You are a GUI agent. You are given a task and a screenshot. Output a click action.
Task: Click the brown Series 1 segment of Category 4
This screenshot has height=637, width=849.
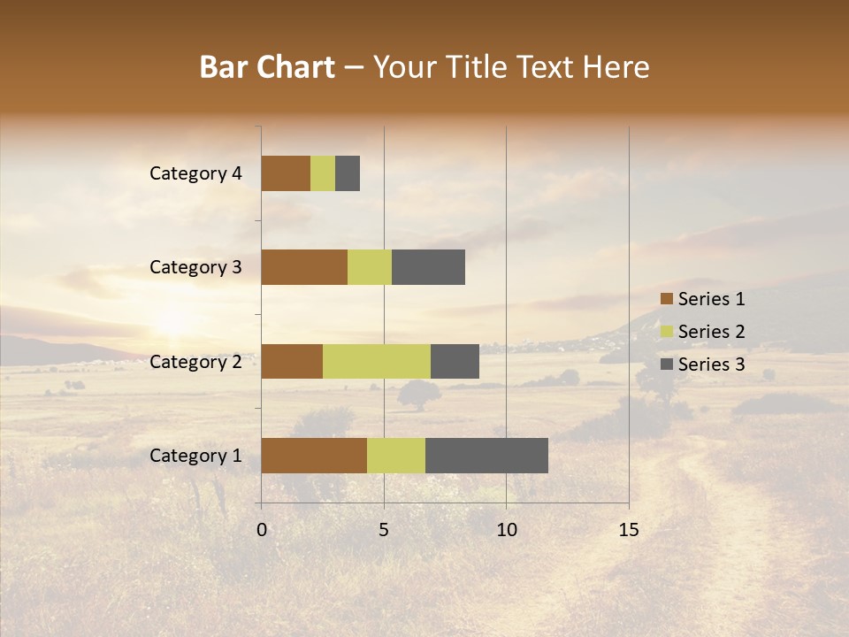286,173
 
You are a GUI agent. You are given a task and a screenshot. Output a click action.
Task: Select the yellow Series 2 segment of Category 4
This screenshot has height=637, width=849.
323,173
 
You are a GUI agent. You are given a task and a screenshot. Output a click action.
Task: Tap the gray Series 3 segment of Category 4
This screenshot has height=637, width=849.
348,173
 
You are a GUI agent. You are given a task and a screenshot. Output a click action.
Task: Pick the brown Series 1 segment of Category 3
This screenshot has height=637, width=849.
304,267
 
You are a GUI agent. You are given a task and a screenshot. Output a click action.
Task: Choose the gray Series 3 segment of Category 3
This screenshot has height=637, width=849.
428,267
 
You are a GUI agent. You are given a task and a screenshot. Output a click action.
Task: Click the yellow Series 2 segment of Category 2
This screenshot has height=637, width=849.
377,361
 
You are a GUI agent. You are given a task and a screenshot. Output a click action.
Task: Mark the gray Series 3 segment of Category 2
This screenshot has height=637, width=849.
455,361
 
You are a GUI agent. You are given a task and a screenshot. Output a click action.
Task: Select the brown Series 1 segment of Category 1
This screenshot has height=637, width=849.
314,456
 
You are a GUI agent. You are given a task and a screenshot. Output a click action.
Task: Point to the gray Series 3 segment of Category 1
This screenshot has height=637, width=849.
486,456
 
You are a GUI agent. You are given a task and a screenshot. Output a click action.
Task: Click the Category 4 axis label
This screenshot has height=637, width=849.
195,173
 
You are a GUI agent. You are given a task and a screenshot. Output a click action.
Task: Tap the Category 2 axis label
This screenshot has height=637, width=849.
195,362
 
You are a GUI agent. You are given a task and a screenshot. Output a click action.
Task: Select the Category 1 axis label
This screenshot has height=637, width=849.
195,456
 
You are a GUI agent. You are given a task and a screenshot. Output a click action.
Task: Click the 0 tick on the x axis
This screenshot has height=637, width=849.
262,530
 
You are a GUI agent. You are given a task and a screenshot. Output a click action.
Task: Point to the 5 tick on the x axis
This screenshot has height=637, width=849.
384,530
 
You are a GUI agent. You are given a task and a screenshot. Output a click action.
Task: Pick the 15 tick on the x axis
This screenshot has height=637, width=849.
628,530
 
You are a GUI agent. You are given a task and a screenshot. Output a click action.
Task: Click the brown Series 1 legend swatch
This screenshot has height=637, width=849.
666,299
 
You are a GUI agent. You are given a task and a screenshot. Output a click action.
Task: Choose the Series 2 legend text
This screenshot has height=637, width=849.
711,332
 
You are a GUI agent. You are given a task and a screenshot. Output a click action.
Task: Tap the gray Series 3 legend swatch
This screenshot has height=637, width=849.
666,365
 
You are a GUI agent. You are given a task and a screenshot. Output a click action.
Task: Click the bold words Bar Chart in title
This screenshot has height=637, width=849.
267,67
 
